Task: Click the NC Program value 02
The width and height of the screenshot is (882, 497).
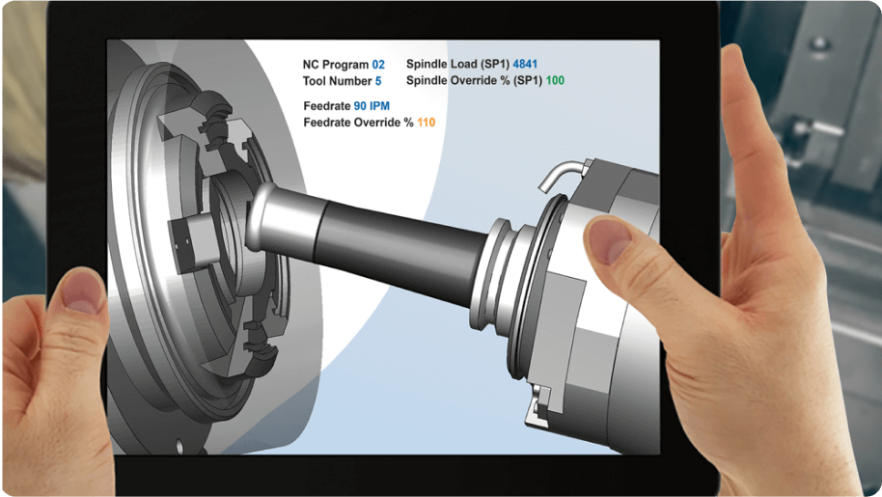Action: [x=378, y=64]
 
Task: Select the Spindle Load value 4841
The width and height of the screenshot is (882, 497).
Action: [x=526, y=64]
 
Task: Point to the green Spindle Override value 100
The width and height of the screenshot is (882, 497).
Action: [x=555, y=81]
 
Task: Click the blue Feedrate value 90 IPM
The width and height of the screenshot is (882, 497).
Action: [x=372, y=105]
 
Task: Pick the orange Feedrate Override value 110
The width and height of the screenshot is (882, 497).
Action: [x=426, y=123]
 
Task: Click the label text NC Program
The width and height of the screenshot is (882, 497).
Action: [x=336, y=64]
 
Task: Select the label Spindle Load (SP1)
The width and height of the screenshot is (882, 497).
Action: [x=456, y=64]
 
